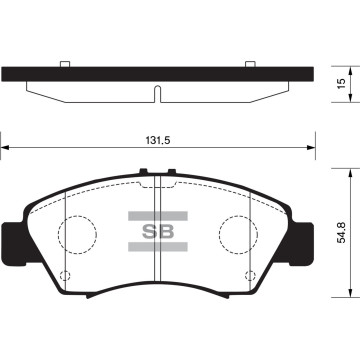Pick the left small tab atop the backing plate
[x=64, y=67]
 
